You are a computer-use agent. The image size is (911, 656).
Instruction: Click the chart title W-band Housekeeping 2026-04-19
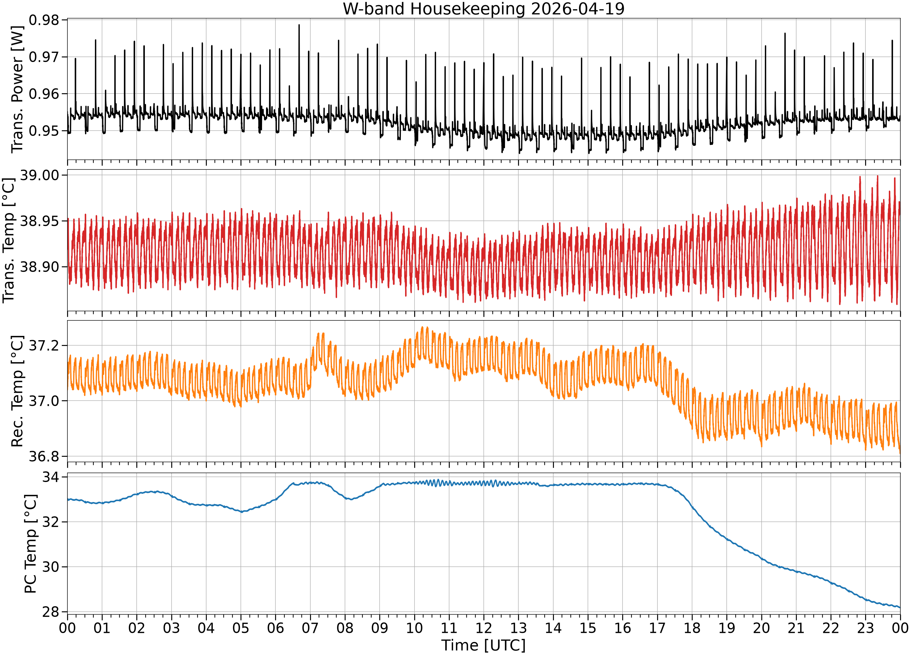484,9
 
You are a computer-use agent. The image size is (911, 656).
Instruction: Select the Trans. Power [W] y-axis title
17,89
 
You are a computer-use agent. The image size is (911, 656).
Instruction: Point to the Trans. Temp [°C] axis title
9,240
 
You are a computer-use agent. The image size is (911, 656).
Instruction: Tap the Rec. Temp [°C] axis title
17,391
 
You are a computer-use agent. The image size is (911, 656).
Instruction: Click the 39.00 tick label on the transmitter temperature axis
39,175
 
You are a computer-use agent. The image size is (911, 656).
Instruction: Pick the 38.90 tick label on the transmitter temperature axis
39,267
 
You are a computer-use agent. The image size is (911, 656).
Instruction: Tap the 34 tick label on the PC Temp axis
50,477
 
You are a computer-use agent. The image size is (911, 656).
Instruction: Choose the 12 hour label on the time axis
484,628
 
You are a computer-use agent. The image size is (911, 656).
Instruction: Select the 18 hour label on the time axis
692,628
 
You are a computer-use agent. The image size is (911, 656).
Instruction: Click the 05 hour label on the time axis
241,628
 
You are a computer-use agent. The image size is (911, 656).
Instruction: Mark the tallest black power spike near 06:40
299,25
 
